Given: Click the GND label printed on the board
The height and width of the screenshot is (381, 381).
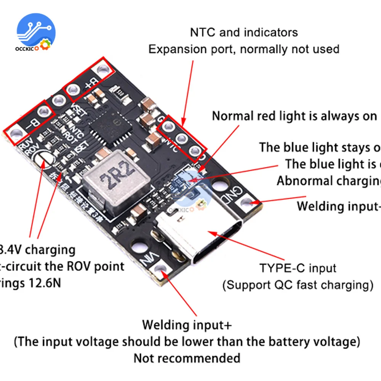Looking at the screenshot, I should pyautogui.click(x=234, y=192).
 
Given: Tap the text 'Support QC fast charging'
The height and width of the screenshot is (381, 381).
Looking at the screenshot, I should pyautogui.click(x=297, y=285).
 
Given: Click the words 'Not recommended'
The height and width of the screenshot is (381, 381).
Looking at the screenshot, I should pyautogui.click(x=187, y=358).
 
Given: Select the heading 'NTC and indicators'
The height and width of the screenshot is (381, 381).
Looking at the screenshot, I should pyautogui.click(x=244, y=32).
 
